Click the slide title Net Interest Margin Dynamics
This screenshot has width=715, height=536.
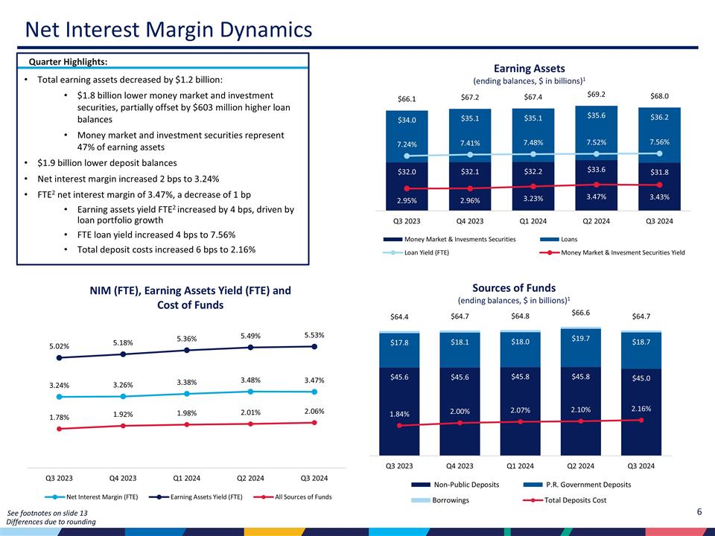(168, 30)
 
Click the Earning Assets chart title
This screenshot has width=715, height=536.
(535, 68)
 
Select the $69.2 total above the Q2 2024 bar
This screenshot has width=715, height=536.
(596, 95)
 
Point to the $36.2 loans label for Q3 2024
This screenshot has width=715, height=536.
(659, 117)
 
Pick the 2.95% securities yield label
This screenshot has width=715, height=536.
(406, 200)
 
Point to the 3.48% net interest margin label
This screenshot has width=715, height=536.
(251, 380)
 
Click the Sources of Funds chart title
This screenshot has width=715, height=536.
(514, 288)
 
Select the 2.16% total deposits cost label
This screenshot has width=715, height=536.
(641, 409)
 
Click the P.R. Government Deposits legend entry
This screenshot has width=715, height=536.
(588, 485)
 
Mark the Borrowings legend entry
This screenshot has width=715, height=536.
(451, 500)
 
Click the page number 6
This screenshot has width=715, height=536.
(699, 511)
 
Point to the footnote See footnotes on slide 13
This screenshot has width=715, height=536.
(47, 514)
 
